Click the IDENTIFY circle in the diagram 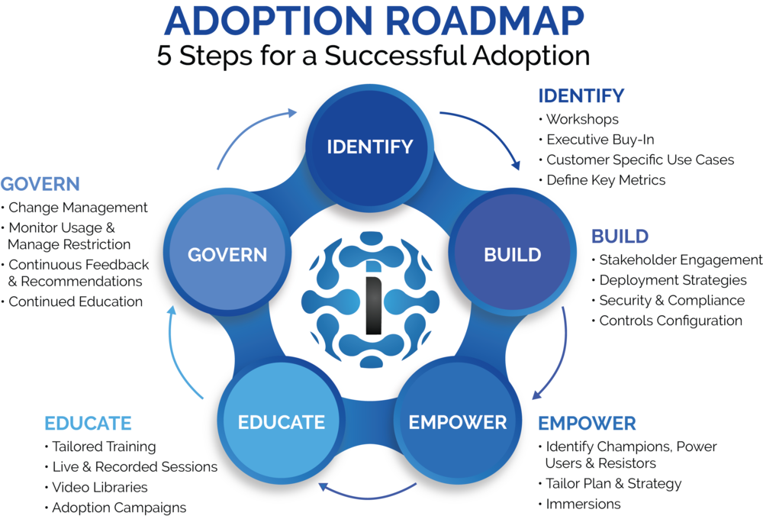[370, 147]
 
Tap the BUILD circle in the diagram [512, 254]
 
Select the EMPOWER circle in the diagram [457, 421]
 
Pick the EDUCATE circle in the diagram [281, 421]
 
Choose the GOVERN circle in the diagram [227, 254]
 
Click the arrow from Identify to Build [488, 134]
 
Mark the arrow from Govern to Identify [252, 130]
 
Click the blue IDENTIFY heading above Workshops [581, 96]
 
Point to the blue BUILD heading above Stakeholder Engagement [620, 236]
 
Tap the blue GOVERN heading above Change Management [40, 184]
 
